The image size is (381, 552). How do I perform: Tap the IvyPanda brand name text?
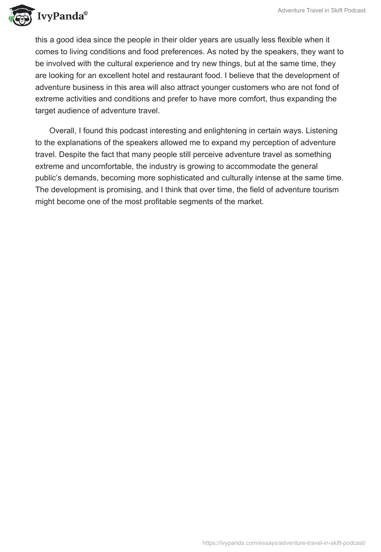pos(61,17)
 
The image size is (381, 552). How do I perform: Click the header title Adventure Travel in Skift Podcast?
pos(322,10)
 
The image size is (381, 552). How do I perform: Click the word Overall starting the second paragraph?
pos(62,131)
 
